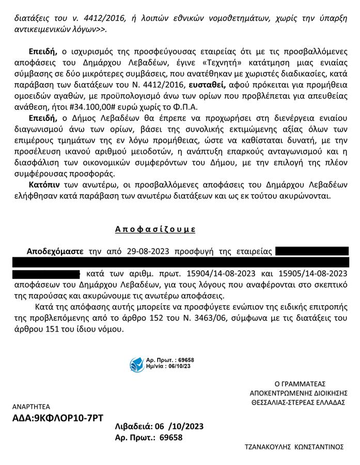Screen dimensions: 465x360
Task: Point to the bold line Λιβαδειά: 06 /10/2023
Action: [x=159, y=427]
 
